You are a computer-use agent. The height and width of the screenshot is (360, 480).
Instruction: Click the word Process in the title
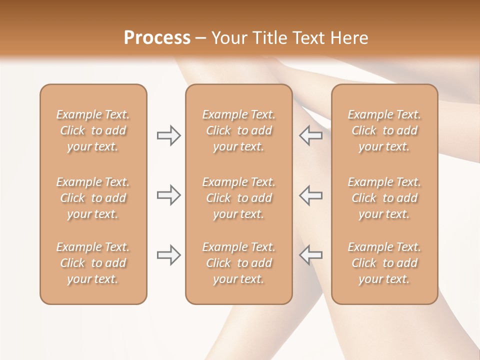tap(157, 38)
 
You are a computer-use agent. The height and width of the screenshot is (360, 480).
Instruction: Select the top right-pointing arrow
tap(168, 135)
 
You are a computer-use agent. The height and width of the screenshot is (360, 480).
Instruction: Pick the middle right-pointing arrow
tap(168, 195)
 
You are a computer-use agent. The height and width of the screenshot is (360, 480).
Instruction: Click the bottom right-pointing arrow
tap(168, 255)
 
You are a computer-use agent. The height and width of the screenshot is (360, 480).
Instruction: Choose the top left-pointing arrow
tap(310, 135)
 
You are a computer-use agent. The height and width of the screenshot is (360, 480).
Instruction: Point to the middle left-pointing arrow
tap(310, 195)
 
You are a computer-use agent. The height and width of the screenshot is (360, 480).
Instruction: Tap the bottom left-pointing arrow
tap(310, 255)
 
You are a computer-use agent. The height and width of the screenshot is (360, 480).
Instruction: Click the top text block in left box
tap(93, 130)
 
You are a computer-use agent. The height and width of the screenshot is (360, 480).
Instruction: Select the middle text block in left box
tap(93, 198)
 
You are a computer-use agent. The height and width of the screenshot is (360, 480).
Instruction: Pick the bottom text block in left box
tap(93, 263)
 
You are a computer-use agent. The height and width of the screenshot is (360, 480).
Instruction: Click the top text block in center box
tap(238, 130)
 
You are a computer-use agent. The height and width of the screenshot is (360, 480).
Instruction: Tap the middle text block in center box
tap(238, 198)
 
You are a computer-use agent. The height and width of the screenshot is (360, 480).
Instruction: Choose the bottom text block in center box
tap(238, 263)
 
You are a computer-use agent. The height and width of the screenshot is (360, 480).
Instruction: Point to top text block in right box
tap(384, 130)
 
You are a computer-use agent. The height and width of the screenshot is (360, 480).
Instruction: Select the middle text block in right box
tap(384, 198)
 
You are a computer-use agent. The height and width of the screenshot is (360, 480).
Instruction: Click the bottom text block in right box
tap(384, 263)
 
